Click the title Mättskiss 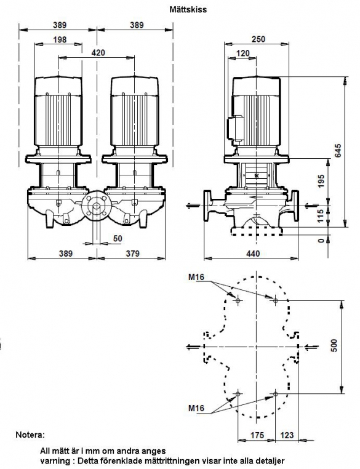[188, 10]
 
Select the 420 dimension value [98, 53]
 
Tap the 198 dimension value [60, 40]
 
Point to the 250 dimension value [258, 39]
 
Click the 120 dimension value [243, 54]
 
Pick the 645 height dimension [338, 151]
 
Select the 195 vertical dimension [321, 181]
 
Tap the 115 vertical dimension [321, 216]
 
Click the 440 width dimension [253, 254]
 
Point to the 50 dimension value [118, 238]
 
